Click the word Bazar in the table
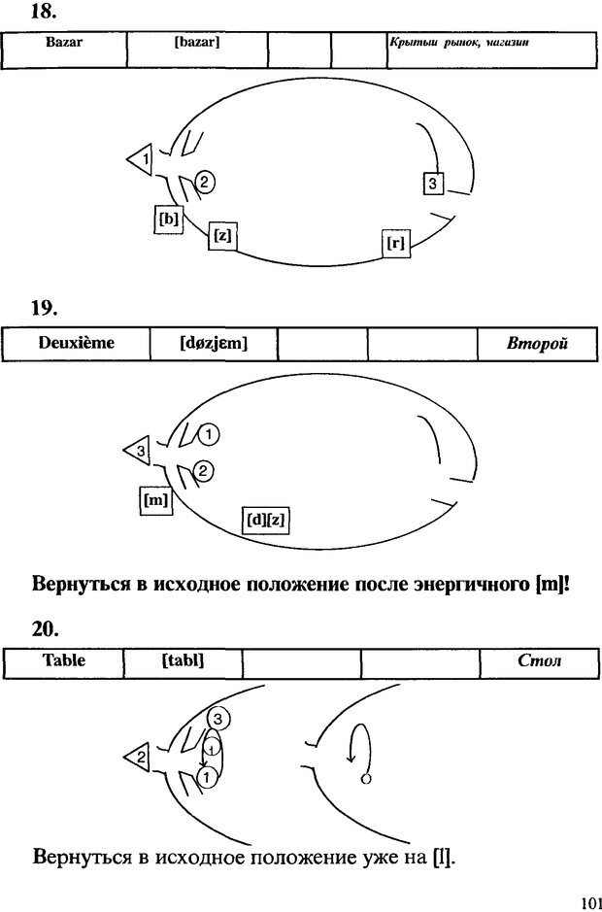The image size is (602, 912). (x=64, y=44)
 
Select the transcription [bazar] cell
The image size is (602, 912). (x=197, y=44)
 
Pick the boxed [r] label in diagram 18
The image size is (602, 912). (x=395, y=243)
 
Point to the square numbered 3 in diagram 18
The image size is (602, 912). (x=434, y=183)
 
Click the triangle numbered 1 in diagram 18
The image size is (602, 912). (x=142, y=157)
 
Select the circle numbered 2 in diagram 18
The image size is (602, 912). (x=205, y=181)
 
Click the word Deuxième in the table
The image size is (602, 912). (x=76, y=343)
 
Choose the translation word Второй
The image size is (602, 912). (x=536, y=344)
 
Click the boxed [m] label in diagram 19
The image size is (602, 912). (x=154, y=501)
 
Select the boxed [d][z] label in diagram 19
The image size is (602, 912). (x=266, y=520)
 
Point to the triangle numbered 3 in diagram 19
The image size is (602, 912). (x=139, y=451)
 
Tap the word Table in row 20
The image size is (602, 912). (x=64, y=660)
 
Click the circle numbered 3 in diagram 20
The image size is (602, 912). (x=218, y=719)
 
